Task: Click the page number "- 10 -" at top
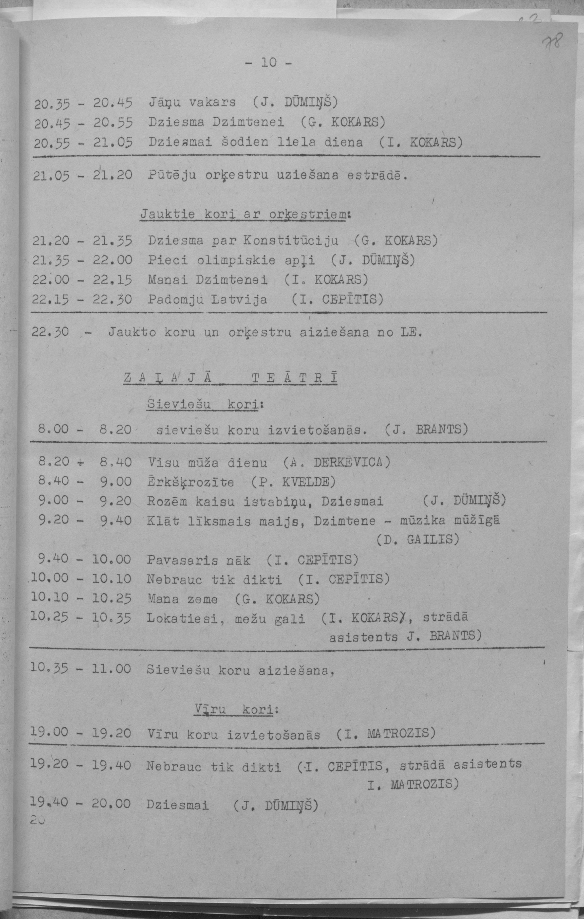[x=269, y=62]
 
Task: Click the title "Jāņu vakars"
[x=192, y=102]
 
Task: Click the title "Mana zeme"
[x=182, y=599]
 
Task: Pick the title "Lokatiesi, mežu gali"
[x=226, y=619]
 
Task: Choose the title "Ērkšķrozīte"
[x=190, y=482]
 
